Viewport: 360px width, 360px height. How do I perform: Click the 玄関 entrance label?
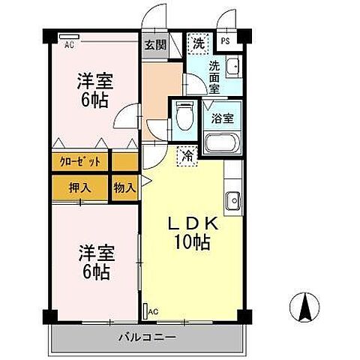[x=151, y=43]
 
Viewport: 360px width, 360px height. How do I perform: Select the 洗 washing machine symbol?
[x=198, y=43]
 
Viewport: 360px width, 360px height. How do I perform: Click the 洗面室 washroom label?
[x=215, y=76]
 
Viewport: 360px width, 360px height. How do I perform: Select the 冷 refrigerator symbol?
[x=185, y=157]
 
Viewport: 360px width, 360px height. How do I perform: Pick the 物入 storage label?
[x=124, y=187]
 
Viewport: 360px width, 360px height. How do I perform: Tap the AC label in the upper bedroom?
[x=69, y=44]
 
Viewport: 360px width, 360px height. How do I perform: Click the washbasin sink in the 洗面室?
[x=232, y=66]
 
